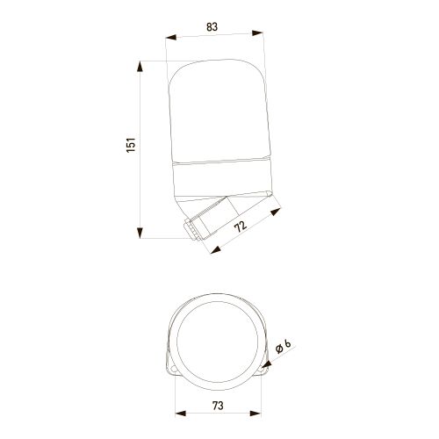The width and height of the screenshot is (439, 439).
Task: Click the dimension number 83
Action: (x=212, y=26)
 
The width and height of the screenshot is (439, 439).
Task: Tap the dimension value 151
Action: (x=131, y=145)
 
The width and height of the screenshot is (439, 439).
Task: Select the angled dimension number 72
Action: (x=241, y=227)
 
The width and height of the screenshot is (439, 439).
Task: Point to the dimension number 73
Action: (x=218, y=406)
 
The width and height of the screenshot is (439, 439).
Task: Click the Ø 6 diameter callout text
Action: (x=284, y=346)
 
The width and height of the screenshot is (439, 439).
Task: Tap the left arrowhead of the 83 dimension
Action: (x=171, y=38)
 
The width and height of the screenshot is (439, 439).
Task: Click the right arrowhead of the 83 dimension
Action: (x=257, y=32)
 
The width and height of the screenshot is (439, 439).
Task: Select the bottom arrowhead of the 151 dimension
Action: (x=140, y=233)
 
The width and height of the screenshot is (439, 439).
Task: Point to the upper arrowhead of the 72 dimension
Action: (x=276, y=211)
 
